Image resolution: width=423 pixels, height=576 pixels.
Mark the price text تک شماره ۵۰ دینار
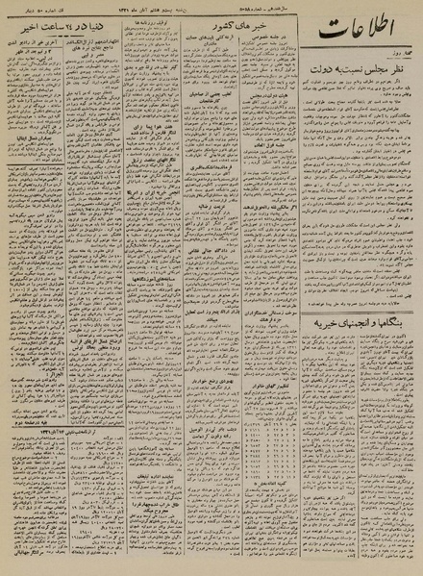point(38,13)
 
